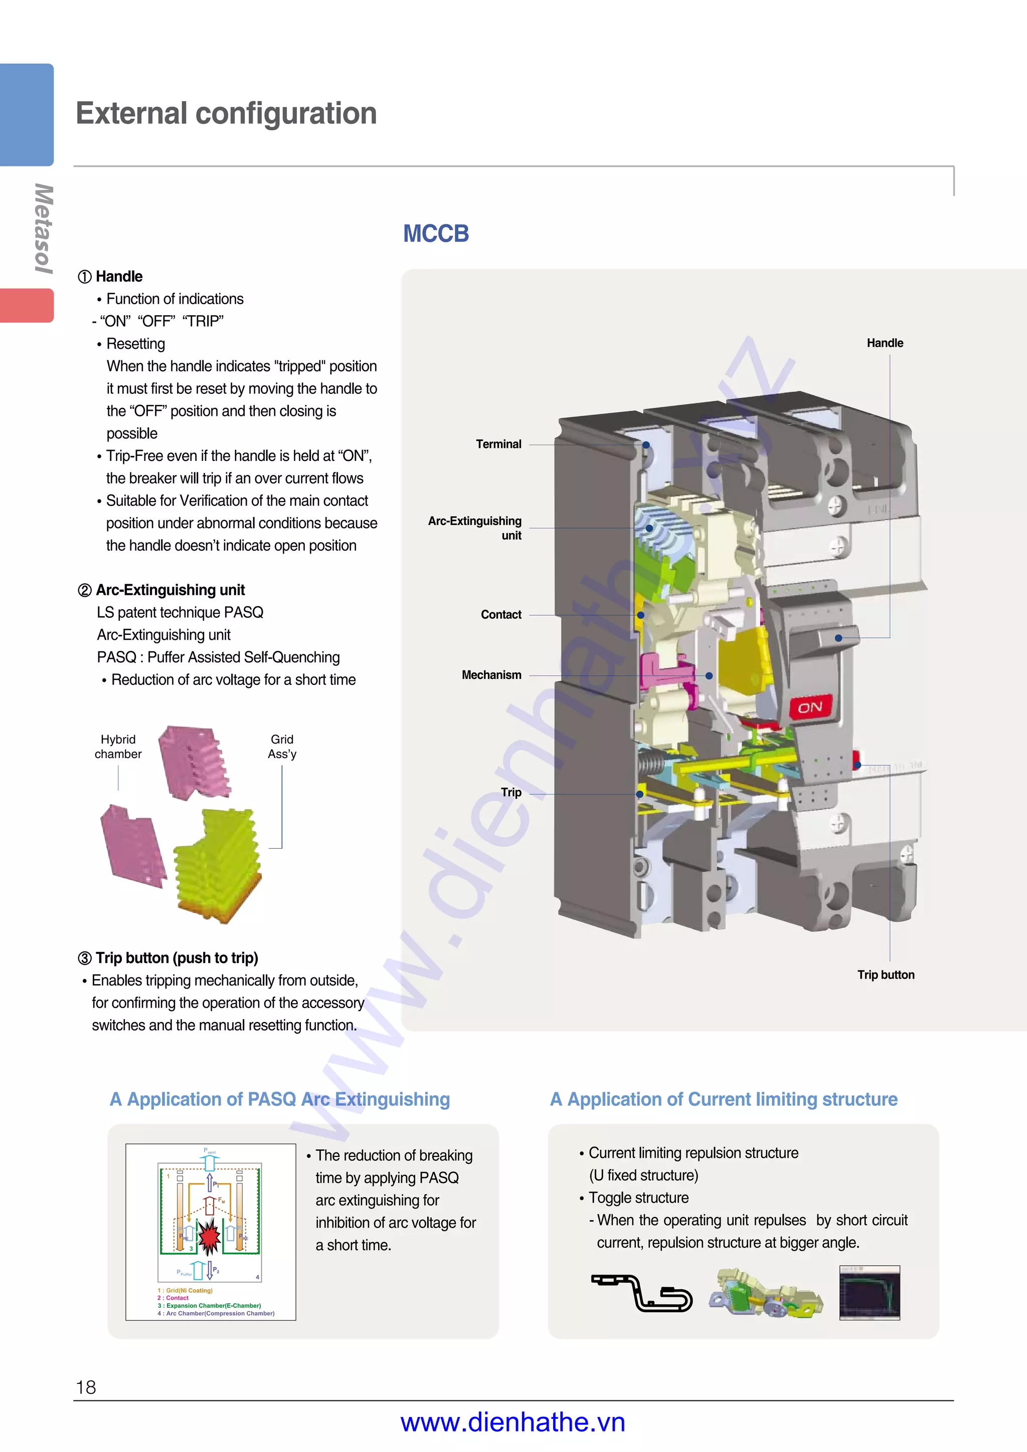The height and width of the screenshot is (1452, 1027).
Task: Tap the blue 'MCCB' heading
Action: click(x=436, y=234)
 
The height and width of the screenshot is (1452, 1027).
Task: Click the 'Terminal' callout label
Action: click(x=498, y=444)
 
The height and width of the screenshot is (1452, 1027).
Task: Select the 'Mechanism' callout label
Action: click(x=491, y=675)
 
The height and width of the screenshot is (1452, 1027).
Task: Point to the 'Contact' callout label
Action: click(x=500, y=615)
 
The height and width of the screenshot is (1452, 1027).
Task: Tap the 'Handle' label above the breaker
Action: click(x=885, y=343)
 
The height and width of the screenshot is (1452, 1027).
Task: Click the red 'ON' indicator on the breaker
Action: click(x=810, y=707)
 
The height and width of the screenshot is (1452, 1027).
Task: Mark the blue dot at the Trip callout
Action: click(x=640, y=794)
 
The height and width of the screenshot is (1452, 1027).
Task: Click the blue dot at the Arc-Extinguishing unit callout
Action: click(x=649, y=528)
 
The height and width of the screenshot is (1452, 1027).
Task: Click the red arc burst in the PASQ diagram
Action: click(x=208, y=1236)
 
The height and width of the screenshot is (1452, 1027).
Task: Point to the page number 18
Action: click(x=86, y=1387)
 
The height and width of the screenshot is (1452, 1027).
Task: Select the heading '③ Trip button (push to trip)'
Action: click(x=168, y=958)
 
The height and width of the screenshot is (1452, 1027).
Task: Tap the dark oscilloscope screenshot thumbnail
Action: click(x=869, y=1293)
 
